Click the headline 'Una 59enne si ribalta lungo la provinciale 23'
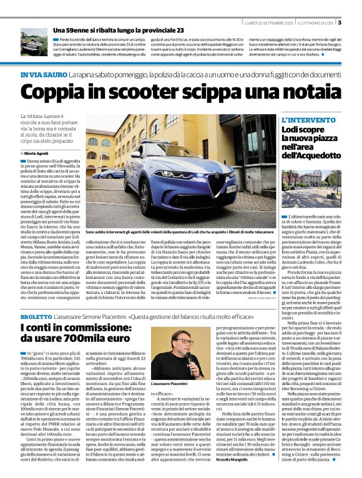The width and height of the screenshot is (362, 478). click(x=118, y=30)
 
